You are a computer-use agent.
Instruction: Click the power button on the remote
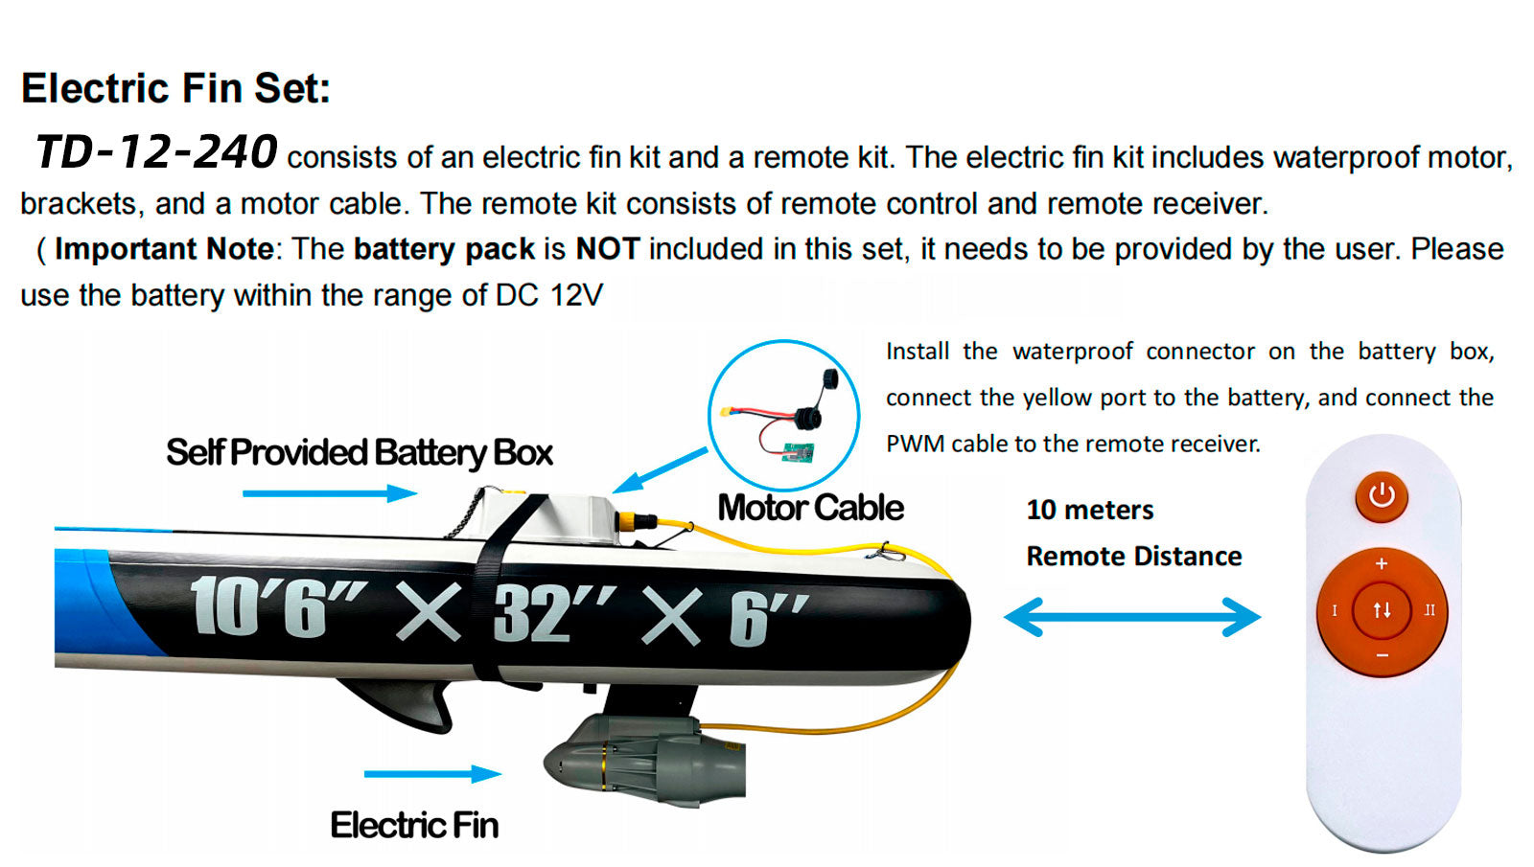[1382, 496]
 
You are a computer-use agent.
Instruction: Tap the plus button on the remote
[1382, 564]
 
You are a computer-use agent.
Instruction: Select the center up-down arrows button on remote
[1382, 609]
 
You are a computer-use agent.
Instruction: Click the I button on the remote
[1334, 610]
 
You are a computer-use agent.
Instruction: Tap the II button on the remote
[1429, 609]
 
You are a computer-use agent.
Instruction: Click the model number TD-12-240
[156, 152]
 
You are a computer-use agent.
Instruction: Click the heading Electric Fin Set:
[176, 88]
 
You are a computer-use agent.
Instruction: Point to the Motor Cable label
[811, 508]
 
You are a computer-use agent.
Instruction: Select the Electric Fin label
[414, 825]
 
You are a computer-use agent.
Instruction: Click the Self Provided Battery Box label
[360, 453]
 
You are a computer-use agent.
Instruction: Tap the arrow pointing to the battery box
[330, 492]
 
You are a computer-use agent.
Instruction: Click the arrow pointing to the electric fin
[432, 774]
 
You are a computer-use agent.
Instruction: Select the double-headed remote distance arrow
[1132, 617]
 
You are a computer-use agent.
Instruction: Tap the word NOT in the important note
[608, 248]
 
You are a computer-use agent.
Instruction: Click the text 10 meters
[1089, 510]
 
